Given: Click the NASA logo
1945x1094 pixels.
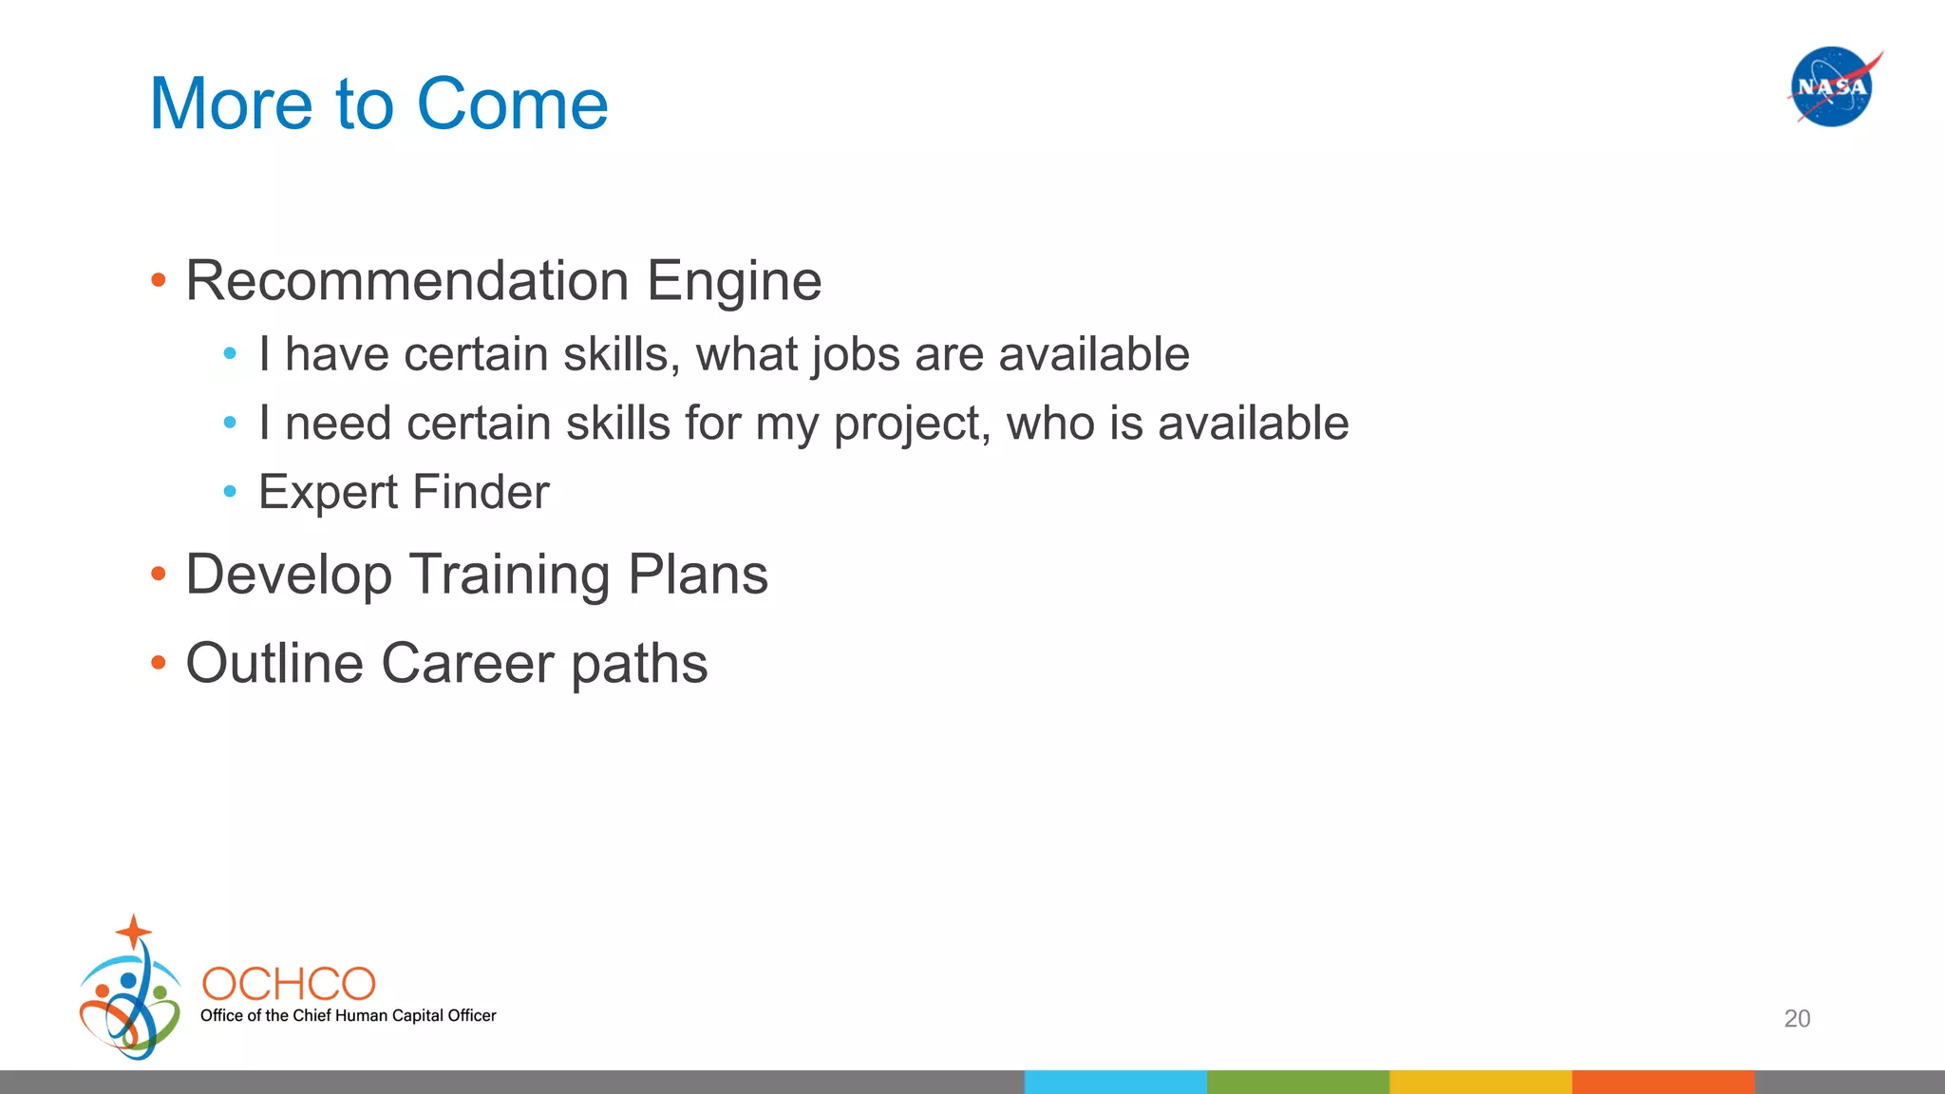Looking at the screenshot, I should click(x=1832, y=86).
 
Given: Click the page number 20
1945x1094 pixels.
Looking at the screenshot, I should click(x=1797, y=1019).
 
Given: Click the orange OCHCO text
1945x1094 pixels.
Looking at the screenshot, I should click(x=289, y=985).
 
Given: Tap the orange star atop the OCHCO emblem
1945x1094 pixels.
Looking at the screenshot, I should click(x=134, y=932).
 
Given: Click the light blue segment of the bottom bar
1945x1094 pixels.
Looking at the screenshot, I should click(x=1115, y=1082).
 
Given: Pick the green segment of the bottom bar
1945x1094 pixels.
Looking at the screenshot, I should click(x=1297, y=1082).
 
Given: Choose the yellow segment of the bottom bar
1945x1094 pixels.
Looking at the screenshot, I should click(x=1480, y=1082).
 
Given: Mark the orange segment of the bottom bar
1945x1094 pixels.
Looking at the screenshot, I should click(x=1662, y=1082).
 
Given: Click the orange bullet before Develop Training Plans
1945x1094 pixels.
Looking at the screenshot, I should click(x=159, y=575).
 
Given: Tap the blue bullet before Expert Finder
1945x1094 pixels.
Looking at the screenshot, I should click(x=230, y=492).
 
